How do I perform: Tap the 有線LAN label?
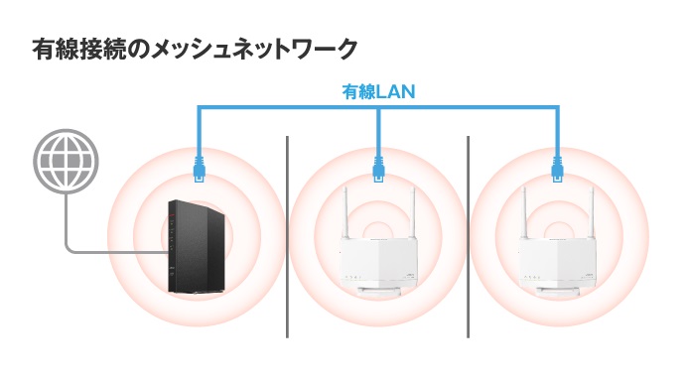pyautogui.click(x=378, y=92)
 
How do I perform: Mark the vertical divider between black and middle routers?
pyautogui.click(x=289, y=238)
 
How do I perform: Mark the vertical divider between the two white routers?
pyautogui.click(x=468, y=238)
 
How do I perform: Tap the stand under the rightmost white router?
pyautogui.click(x=557, y=292)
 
